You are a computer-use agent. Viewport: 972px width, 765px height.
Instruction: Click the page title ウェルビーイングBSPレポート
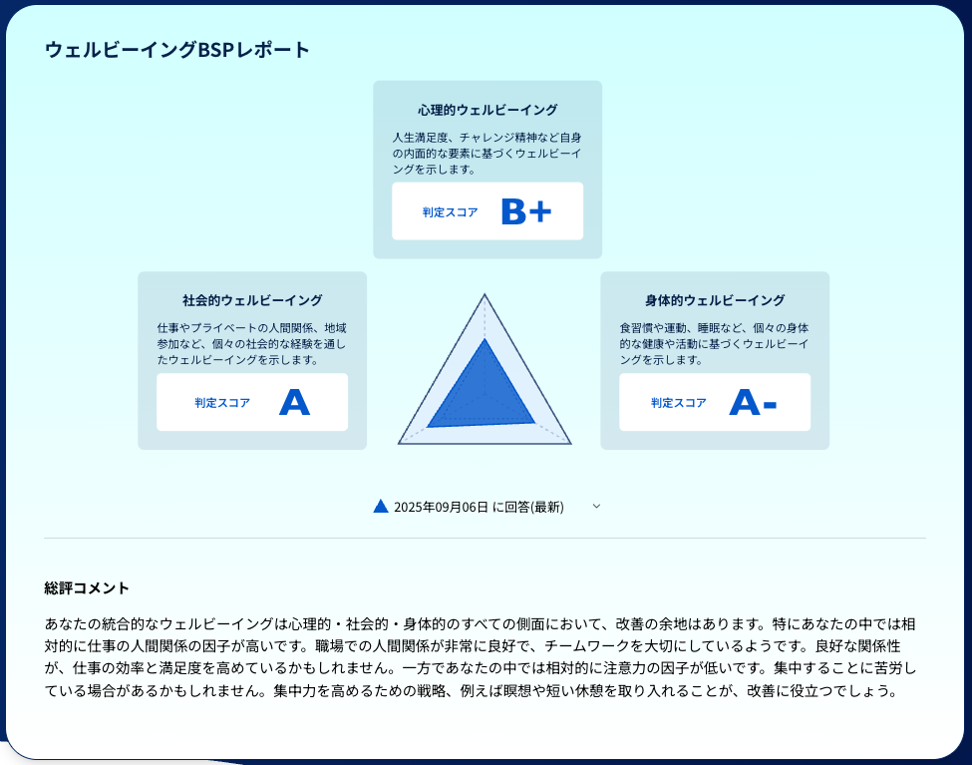click(x=177, y=49)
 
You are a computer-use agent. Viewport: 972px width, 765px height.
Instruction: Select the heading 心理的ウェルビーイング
click(x=487, y=110)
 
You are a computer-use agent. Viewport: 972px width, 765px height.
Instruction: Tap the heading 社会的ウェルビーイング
click(x=252, y=300)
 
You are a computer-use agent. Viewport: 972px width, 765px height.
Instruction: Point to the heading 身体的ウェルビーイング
click(x=715, y=300)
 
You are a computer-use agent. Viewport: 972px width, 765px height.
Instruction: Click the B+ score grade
click(x=525, y=211)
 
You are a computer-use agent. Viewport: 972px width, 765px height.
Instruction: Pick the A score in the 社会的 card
click(x=294, y=402)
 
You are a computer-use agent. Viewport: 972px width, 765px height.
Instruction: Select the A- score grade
click(x=753, y=402)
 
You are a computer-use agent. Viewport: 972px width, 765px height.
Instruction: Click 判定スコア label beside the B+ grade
click(x=450, y=212)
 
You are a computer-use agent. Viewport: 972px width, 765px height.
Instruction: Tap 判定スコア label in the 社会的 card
click(x=222, y=403)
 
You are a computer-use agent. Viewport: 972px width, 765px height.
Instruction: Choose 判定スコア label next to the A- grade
click(x=679, y=403)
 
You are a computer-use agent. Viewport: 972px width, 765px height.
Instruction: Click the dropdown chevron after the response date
click(x=596, y=506)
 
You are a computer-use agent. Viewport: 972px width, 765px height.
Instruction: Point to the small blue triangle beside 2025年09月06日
click(x=381, y=506)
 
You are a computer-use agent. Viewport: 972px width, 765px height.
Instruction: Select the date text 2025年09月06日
click(x=441, y=507)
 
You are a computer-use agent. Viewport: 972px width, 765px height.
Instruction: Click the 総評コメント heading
click(x=87, y=588)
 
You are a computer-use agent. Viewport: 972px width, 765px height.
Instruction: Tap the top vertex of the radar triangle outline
click(x=485, y=295)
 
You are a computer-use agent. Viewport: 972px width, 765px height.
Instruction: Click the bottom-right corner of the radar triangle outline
click(x=570, y=443)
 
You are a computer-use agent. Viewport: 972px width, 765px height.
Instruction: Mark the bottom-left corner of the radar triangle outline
click(x=399, y=443)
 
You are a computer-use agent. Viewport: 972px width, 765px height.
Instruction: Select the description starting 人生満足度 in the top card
click(x=487, y=153)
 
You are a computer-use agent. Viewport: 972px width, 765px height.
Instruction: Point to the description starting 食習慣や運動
click(x=715, y=343)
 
